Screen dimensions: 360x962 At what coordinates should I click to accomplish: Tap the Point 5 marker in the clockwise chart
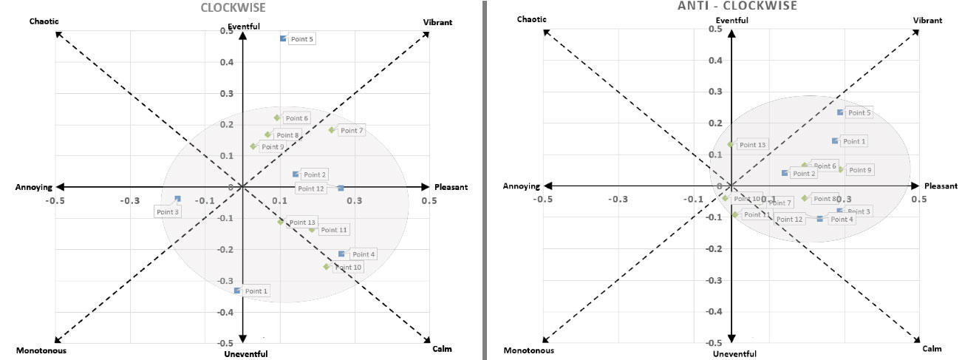coord(283,38)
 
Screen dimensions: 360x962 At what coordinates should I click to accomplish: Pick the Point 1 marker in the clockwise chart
coord(237,291)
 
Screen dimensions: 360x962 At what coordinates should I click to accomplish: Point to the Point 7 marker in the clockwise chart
coord(332,130)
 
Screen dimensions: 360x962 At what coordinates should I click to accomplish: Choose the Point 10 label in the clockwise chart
coord(348,267)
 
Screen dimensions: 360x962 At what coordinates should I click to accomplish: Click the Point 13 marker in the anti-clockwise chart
coord(731,144)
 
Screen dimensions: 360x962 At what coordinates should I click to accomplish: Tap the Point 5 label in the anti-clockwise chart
coord(859,113)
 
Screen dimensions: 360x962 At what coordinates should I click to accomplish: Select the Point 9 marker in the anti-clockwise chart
coord(841,169)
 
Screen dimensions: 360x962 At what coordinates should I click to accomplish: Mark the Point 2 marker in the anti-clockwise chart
coord(785,173)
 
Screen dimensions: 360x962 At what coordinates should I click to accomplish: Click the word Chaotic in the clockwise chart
coord(44,22)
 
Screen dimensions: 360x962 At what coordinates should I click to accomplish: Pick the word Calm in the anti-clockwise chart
coord(932,348)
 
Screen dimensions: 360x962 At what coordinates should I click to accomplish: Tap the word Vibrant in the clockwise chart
coord(437,22)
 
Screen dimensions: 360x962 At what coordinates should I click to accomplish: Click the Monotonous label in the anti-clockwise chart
coord(528,350)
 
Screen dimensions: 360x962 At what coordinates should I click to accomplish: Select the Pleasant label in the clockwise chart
coord(451,187)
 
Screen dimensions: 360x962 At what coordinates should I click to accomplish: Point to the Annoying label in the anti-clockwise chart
coord(521,186)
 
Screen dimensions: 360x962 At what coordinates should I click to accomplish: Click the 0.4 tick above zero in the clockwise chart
coord(228,62)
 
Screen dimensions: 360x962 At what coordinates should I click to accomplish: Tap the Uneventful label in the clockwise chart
coord(245,355)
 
